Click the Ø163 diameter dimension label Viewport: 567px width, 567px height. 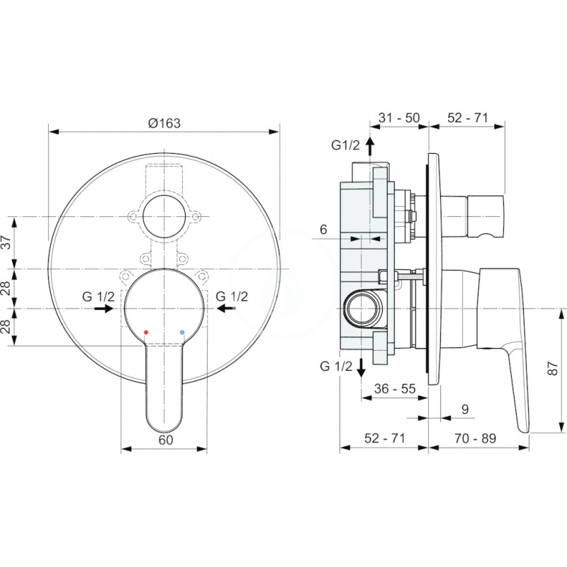164,123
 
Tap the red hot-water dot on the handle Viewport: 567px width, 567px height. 146,332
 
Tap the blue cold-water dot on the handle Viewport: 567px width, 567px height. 182,332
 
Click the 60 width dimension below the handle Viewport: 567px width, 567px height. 166,439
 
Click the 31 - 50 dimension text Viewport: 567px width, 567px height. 399,118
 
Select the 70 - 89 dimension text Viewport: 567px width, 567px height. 475,438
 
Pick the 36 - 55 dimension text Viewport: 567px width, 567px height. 395,388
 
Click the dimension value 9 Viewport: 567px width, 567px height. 465,409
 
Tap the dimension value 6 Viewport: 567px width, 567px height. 323,229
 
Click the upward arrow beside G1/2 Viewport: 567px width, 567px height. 369,146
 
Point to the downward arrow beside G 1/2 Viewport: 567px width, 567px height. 361,368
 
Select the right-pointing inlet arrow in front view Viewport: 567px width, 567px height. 104,308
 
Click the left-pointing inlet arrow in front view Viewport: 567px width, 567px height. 226,308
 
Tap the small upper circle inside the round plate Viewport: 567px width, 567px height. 164,216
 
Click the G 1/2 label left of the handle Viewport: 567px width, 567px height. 99,296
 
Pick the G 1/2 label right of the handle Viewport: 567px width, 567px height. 232,296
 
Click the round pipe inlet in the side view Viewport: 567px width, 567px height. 361,308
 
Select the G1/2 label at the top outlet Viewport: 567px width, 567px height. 346,145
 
